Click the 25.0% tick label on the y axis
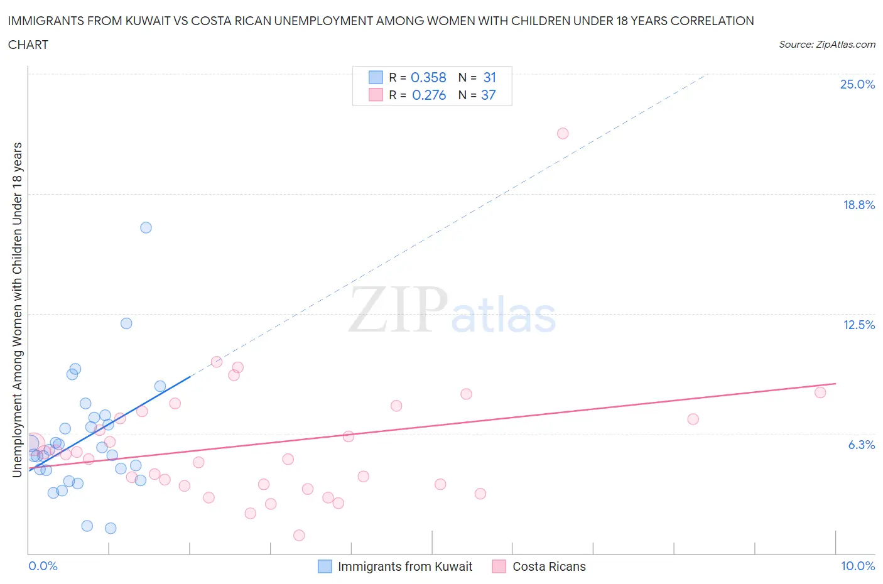(857, 84)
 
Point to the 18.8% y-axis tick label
(859, 205)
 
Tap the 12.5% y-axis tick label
(859, 325)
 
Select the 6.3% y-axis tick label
(861, 445)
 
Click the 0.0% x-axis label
(43, 566)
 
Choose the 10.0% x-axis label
(857, 566)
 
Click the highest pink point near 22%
(563, 133)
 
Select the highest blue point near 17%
(146, 227)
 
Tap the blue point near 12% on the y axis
(126, 323)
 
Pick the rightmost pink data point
(820, 392)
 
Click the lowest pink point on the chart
(299, 535)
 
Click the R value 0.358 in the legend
(428, 77)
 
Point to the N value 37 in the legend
(488, 95)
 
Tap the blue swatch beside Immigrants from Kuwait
(325, 566)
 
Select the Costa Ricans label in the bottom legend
(549, 566)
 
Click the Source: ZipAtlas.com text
(826, 45)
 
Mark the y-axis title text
(18, 310)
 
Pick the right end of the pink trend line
(836, 383)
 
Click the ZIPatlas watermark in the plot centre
(452, 310)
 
